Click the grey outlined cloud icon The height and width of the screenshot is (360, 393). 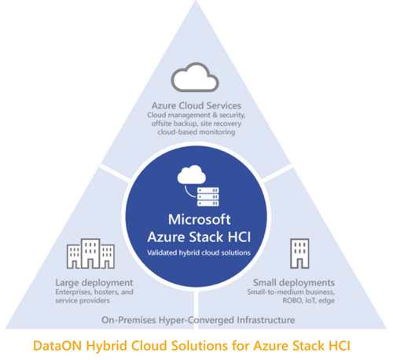[x=195, y=88]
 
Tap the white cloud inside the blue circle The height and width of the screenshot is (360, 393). [x=192, y=174]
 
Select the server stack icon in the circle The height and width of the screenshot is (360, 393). [x=208, y=197]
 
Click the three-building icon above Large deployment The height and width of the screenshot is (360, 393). [x=90, y=254]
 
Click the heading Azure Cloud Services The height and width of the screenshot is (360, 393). [x=196, y=105]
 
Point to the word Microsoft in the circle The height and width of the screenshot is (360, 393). [x=200, y=219]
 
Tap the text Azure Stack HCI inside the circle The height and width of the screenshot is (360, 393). [x=199, y=237]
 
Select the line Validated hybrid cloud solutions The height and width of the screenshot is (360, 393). [x=199, y=253]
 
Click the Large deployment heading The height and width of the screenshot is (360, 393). [x=94, y=283]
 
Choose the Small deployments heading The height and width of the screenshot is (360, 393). [x=294, y=283]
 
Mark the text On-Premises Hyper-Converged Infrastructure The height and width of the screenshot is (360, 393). [x=198, y=320]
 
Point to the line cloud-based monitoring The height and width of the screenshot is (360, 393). [x=196, y=132]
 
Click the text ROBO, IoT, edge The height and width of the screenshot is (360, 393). [x=309, y=300]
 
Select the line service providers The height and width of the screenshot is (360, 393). [x=83, y=300]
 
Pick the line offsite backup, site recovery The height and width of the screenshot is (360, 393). [x=196, y=123]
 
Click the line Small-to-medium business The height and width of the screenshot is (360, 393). [x=291, y=292]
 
